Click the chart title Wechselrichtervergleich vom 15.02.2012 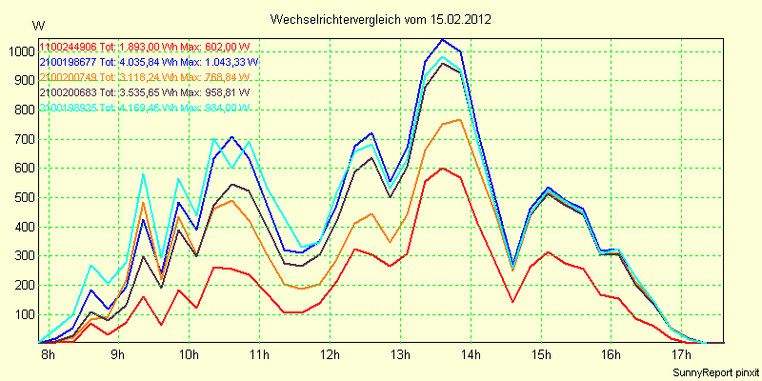(381, 19)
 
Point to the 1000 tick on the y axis (20, 51)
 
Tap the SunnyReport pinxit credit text (714, 371)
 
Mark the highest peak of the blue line (443, 40)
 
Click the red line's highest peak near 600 (443, 168)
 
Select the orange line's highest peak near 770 (460, 120)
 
